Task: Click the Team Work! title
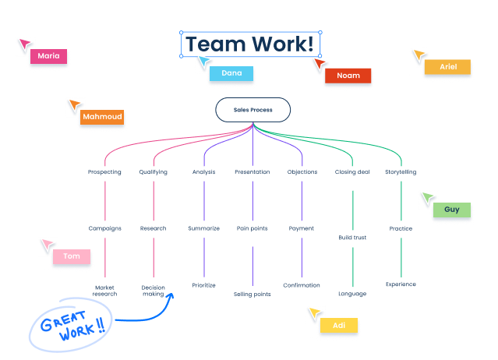[x=250, y=44]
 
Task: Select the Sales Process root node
[x=253, y=110]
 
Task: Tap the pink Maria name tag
[x=48, y=56]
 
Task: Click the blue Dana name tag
[x=231, y=73]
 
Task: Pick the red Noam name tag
[x=348, y=76]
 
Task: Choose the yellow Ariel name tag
[x=447, y=67]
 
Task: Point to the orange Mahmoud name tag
[x=102, y=117]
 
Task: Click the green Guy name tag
[x=451, y=210]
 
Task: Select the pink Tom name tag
[x=72, y=256]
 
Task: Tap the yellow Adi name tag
[x=338, y=325]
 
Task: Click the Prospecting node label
[x=104, y=171]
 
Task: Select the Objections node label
[x=302, y=171]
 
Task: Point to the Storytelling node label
[x=401, y=171]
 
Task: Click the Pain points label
[x=253, y=228]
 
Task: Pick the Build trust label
[x=352, y=237]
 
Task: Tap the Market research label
[x=104, y=291]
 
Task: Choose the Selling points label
[x=253, y=294]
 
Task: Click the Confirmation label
[x=302, y=285]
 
